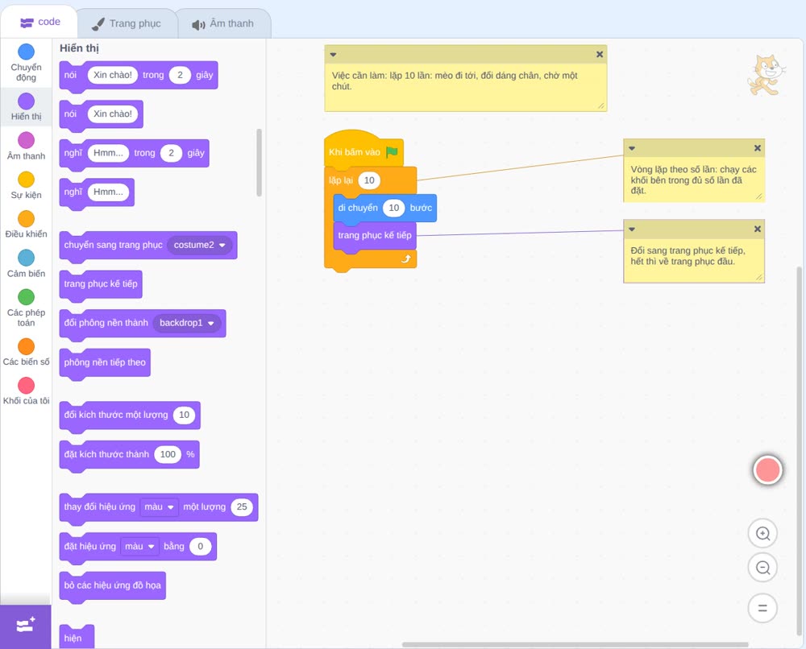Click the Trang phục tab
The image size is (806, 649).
127,23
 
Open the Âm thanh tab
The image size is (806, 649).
223,23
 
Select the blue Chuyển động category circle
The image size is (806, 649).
27,52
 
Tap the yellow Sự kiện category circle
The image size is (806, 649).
27,180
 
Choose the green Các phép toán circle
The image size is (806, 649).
27,297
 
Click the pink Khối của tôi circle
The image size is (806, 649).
27,385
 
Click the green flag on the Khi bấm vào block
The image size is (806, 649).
393,152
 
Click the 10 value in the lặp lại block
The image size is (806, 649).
369,180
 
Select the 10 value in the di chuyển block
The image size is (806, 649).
394,208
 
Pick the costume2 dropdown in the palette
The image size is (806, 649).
199,245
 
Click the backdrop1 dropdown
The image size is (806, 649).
187,323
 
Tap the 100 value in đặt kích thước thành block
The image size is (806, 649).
168,454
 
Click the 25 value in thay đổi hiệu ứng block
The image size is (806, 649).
242,506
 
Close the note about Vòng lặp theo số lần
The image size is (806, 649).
757,148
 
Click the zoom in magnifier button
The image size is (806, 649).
762,534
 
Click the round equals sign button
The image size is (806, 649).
762,608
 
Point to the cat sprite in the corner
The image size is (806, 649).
767,75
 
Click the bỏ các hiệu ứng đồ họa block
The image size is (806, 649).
113,586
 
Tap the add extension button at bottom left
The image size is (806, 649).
26,626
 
